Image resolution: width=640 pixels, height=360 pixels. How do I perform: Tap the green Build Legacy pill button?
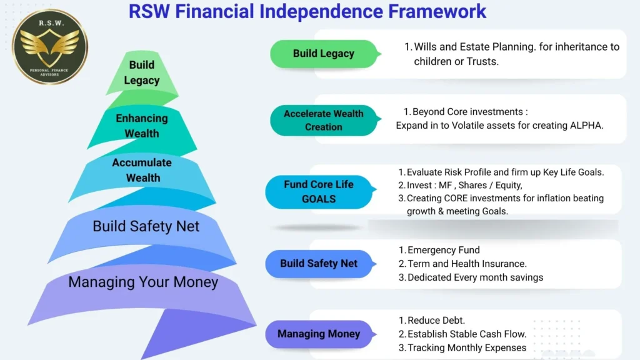[323, 54]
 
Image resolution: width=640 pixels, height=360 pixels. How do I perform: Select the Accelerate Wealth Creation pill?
[323, 120]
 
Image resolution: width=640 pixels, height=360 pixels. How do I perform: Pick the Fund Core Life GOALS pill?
[318, 192]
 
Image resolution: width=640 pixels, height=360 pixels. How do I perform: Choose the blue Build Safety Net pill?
[319, 263]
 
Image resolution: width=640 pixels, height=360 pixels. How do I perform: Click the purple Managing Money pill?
[318, 334]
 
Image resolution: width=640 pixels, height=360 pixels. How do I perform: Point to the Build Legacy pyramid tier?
[142, 73]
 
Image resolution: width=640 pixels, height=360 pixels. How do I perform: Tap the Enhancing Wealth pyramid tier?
[142, 126]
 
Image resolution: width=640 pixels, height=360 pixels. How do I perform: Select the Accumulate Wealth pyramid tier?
[142, 170]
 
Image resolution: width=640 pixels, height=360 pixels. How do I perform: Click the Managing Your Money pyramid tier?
[143, 282]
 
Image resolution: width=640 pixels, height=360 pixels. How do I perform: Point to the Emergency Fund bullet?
[443, 250]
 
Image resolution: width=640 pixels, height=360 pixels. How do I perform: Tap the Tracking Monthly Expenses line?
[466, 347]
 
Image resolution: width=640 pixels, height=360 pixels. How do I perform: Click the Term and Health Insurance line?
[466, 264]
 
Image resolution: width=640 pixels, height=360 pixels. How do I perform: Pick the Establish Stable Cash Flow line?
[466, 334]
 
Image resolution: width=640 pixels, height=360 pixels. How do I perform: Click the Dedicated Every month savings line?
[475, 277]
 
